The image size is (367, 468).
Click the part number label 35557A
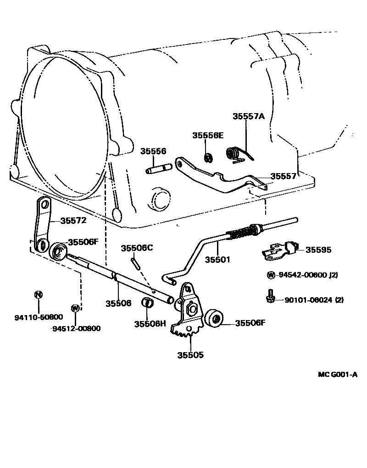tap(249, 116)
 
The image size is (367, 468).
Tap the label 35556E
tap(207, 135)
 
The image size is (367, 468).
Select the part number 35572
tap(73, 220)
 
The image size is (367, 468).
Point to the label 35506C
tap(136, 248)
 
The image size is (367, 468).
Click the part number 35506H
tap(150, 324)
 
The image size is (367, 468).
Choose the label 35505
tap(190, 354)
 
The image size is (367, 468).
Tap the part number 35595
tap(318, 250)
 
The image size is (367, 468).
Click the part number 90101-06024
tap(307, 300)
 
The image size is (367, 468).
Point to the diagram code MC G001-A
tap(338, 375)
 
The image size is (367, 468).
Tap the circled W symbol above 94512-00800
tap(75, 308)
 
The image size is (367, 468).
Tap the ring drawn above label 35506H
tap(148, 303)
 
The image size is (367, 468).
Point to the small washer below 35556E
tap(207, 158)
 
